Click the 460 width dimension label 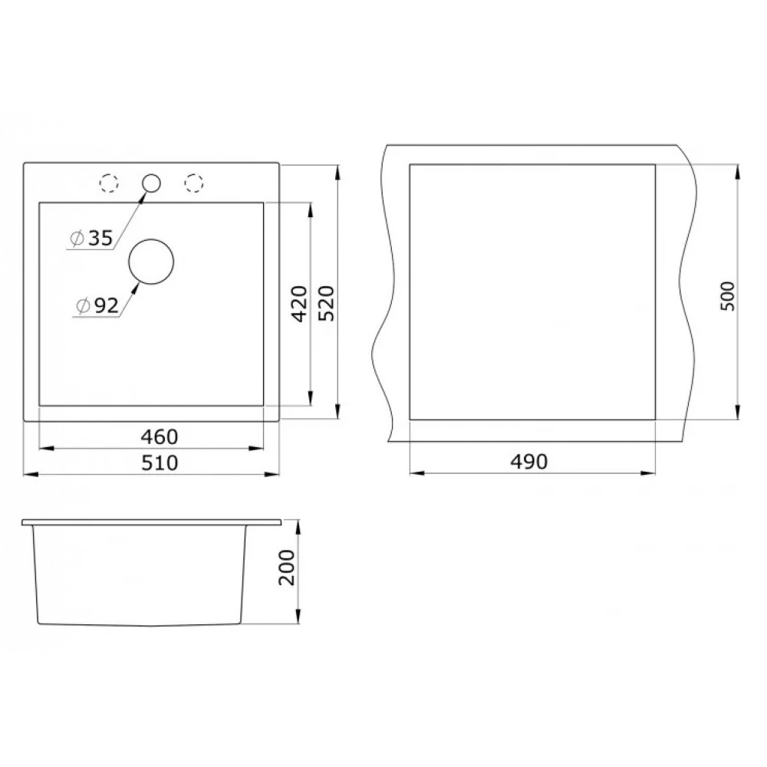point(160,437)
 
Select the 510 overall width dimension point(160,463)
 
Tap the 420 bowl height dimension point(299,304)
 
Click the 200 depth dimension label point(287,568)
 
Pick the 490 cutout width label point(528,462)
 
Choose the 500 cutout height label point(727,296)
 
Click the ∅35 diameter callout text point(91,239)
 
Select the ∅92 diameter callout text point(97,306)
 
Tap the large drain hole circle point(150,239)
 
